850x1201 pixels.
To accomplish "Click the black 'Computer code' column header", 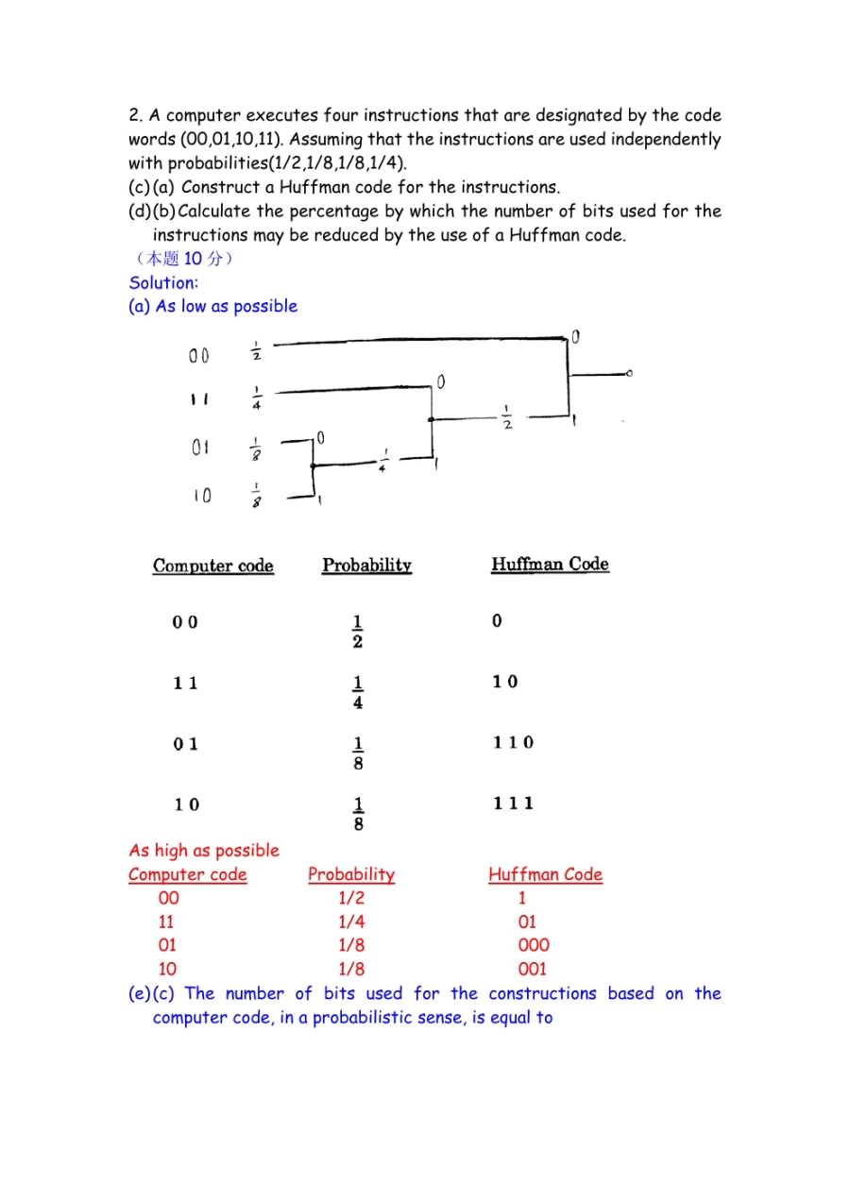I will [x=213, y=567].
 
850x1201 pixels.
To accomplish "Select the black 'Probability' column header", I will [x=366, y=566].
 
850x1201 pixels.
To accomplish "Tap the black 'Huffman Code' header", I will [x=550, y=565].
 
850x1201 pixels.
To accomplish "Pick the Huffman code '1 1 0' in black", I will [x=513, y=743].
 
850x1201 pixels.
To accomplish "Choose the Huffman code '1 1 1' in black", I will [x=513, y=803].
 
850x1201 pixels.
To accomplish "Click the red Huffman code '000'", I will [x=534, y=945].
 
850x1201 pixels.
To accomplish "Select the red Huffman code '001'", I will [x=533, y=969].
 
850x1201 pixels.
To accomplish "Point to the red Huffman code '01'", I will [x=527, y=922].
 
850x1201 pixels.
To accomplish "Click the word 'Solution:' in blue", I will [x=163, y=282].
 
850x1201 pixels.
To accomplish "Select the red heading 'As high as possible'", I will [x=204, y=851].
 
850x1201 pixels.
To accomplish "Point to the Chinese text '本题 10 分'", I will [x=180, y=259].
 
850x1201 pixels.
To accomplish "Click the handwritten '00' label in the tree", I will [x=198, y=357].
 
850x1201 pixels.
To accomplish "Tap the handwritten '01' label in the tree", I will [x=200, y=448].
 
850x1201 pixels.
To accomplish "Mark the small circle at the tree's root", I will [x=630, y=375].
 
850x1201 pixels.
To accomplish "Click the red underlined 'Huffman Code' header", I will [x=545, y=874].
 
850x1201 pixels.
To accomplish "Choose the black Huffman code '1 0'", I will [x=504, y=682].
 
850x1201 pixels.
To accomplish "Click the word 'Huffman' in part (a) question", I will [x=312, y=187].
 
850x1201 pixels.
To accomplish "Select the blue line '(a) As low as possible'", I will [x=212, y=306].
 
